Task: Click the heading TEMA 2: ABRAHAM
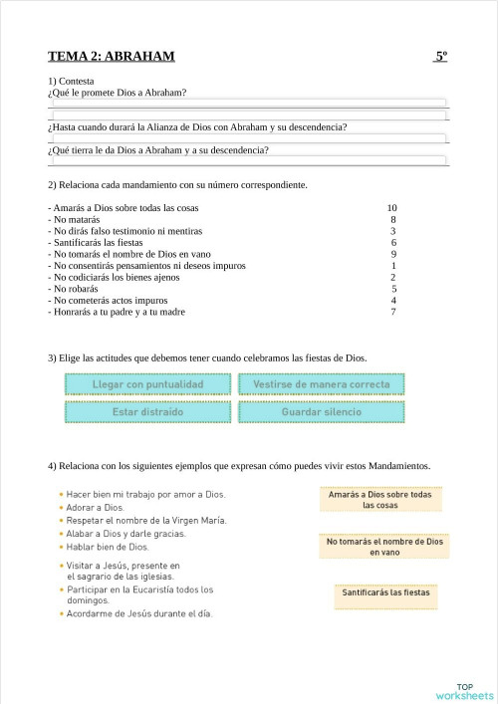coord(111,57)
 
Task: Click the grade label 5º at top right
coord(441,57)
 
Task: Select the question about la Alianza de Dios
coord(197,127)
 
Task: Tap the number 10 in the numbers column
coord(392,208)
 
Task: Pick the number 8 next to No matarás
coord(393,219)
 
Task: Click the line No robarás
coord(75,289)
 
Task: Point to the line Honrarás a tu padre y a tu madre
coord(118,312)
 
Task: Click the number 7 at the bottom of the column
coord(393,312)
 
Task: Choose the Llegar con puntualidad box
coord(147,384)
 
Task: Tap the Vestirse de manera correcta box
coord(322,384)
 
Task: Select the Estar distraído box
coord(147,411)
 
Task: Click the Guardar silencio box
coord(322,411)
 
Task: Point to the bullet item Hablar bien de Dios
coord(108,547)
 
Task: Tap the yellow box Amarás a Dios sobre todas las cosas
coord(379,500)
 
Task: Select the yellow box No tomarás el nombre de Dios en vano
coord(384,546)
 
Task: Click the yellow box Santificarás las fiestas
coord(385,592)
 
